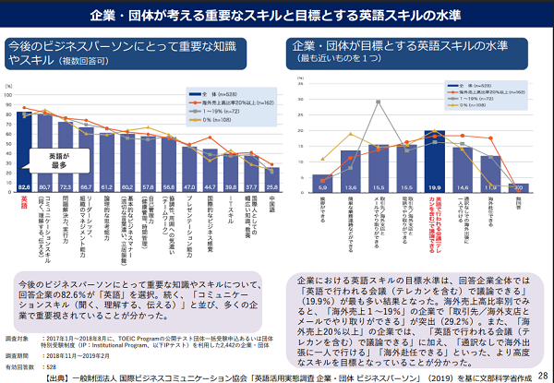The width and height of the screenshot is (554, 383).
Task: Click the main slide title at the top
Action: [276, 16]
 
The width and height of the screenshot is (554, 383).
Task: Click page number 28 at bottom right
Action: [540, 367]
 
